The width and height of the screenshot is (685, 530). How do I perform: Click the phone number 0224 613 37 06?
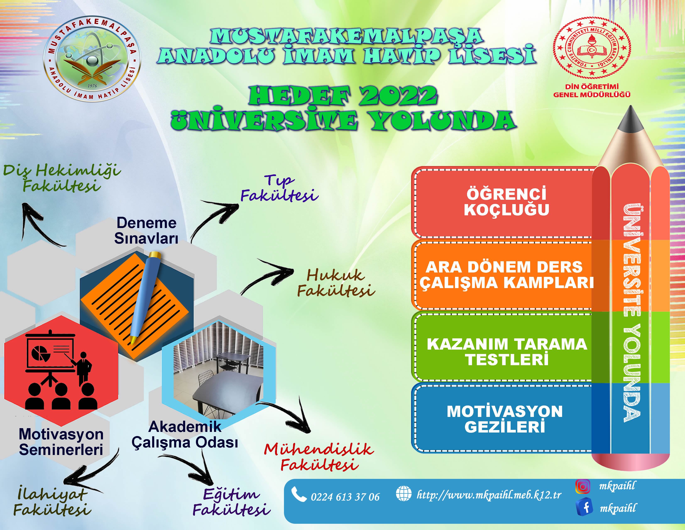pyautogui.click(x=345, y=497)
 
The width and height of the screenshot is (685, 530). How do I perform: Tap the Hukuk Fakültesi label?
pyautogui.click(x=336, y=283)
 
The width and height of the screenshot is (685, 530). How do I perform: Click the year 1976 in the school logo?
pyautogui.click(x=92, y=86)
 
